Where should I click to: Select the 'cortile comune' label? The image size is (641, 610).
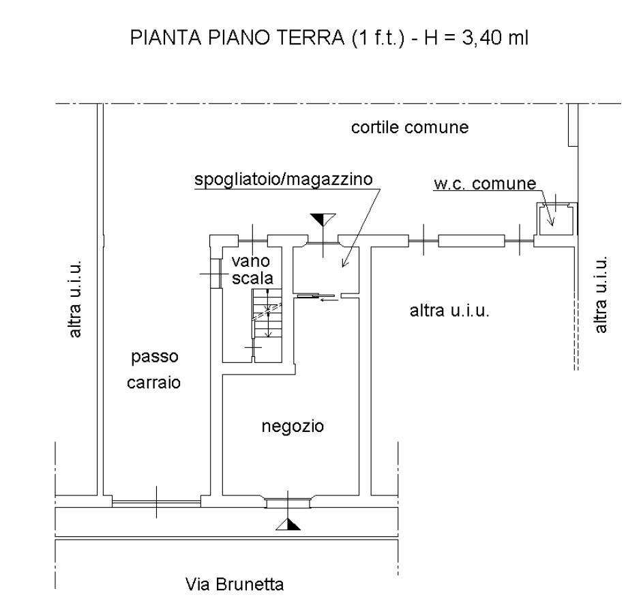pos(409,128)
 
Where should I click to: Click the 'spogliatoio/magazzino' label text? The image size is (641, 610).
pos(282,180)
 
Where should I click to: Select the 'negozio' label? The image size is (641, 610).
pos(293,427)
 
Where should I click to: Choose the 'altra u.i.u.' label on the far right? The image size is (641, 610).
pos(601,295)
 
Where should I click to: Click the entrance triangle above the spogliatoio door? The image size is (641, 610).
pos(323,219)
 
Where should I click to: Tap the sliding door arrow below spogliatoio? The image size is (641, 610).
pos(328,298)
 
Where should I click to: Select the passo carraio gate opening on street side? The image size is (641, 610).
pos(156,503)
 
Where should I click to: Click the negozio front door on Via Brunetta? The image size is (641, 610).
pos(289,503)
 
